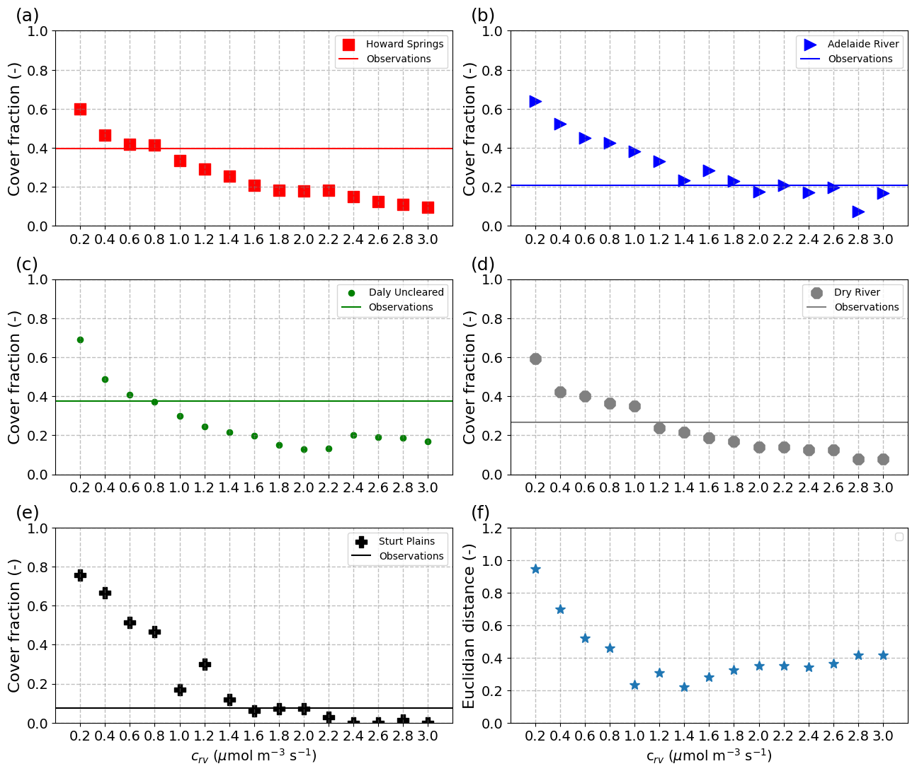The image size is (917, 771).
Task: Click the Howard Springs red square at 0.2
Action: coord(80,109)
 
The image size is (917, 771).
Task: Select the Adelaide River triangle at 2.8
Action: coord(858,211)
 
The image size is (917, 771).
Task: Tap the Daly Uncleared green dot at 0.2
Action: coord(80,340)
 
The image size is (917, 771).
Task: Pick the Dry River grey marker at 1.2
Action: coord(659,428)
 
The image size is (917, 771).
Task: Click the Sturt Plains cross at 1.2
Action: coord(205,664)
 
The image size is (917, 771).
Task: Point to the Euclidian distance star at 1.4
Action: coord(684,687)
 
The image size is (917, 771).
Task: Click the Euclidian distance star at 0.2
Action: coord(535,569)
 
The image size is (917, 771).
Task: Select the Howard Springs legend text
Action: coord(404,44)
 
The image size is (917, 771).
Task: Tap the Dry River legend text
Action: coord(857,292)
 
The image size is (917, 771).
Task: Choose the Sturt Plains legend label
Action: coord(406,541)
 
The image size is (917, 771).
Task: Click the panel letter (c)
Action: coord(27,265)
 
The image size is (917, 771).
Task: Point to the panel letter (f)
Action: coord(482,513)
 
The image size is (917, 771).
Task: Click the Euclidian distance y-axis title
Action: coord(469,626)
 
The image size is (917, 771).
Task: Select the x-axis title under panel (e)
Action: coord(254,755)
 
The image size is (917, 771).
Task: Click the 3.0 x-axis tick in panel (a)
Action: coord(428,239)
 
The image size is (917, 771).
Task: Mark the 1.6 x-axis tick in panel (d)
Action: coord(709,487)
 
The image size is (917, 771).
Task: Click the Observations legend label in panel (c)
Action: coord(401,307)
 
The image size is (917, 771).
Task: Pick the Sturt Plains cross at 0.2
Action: coord(80,575)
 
